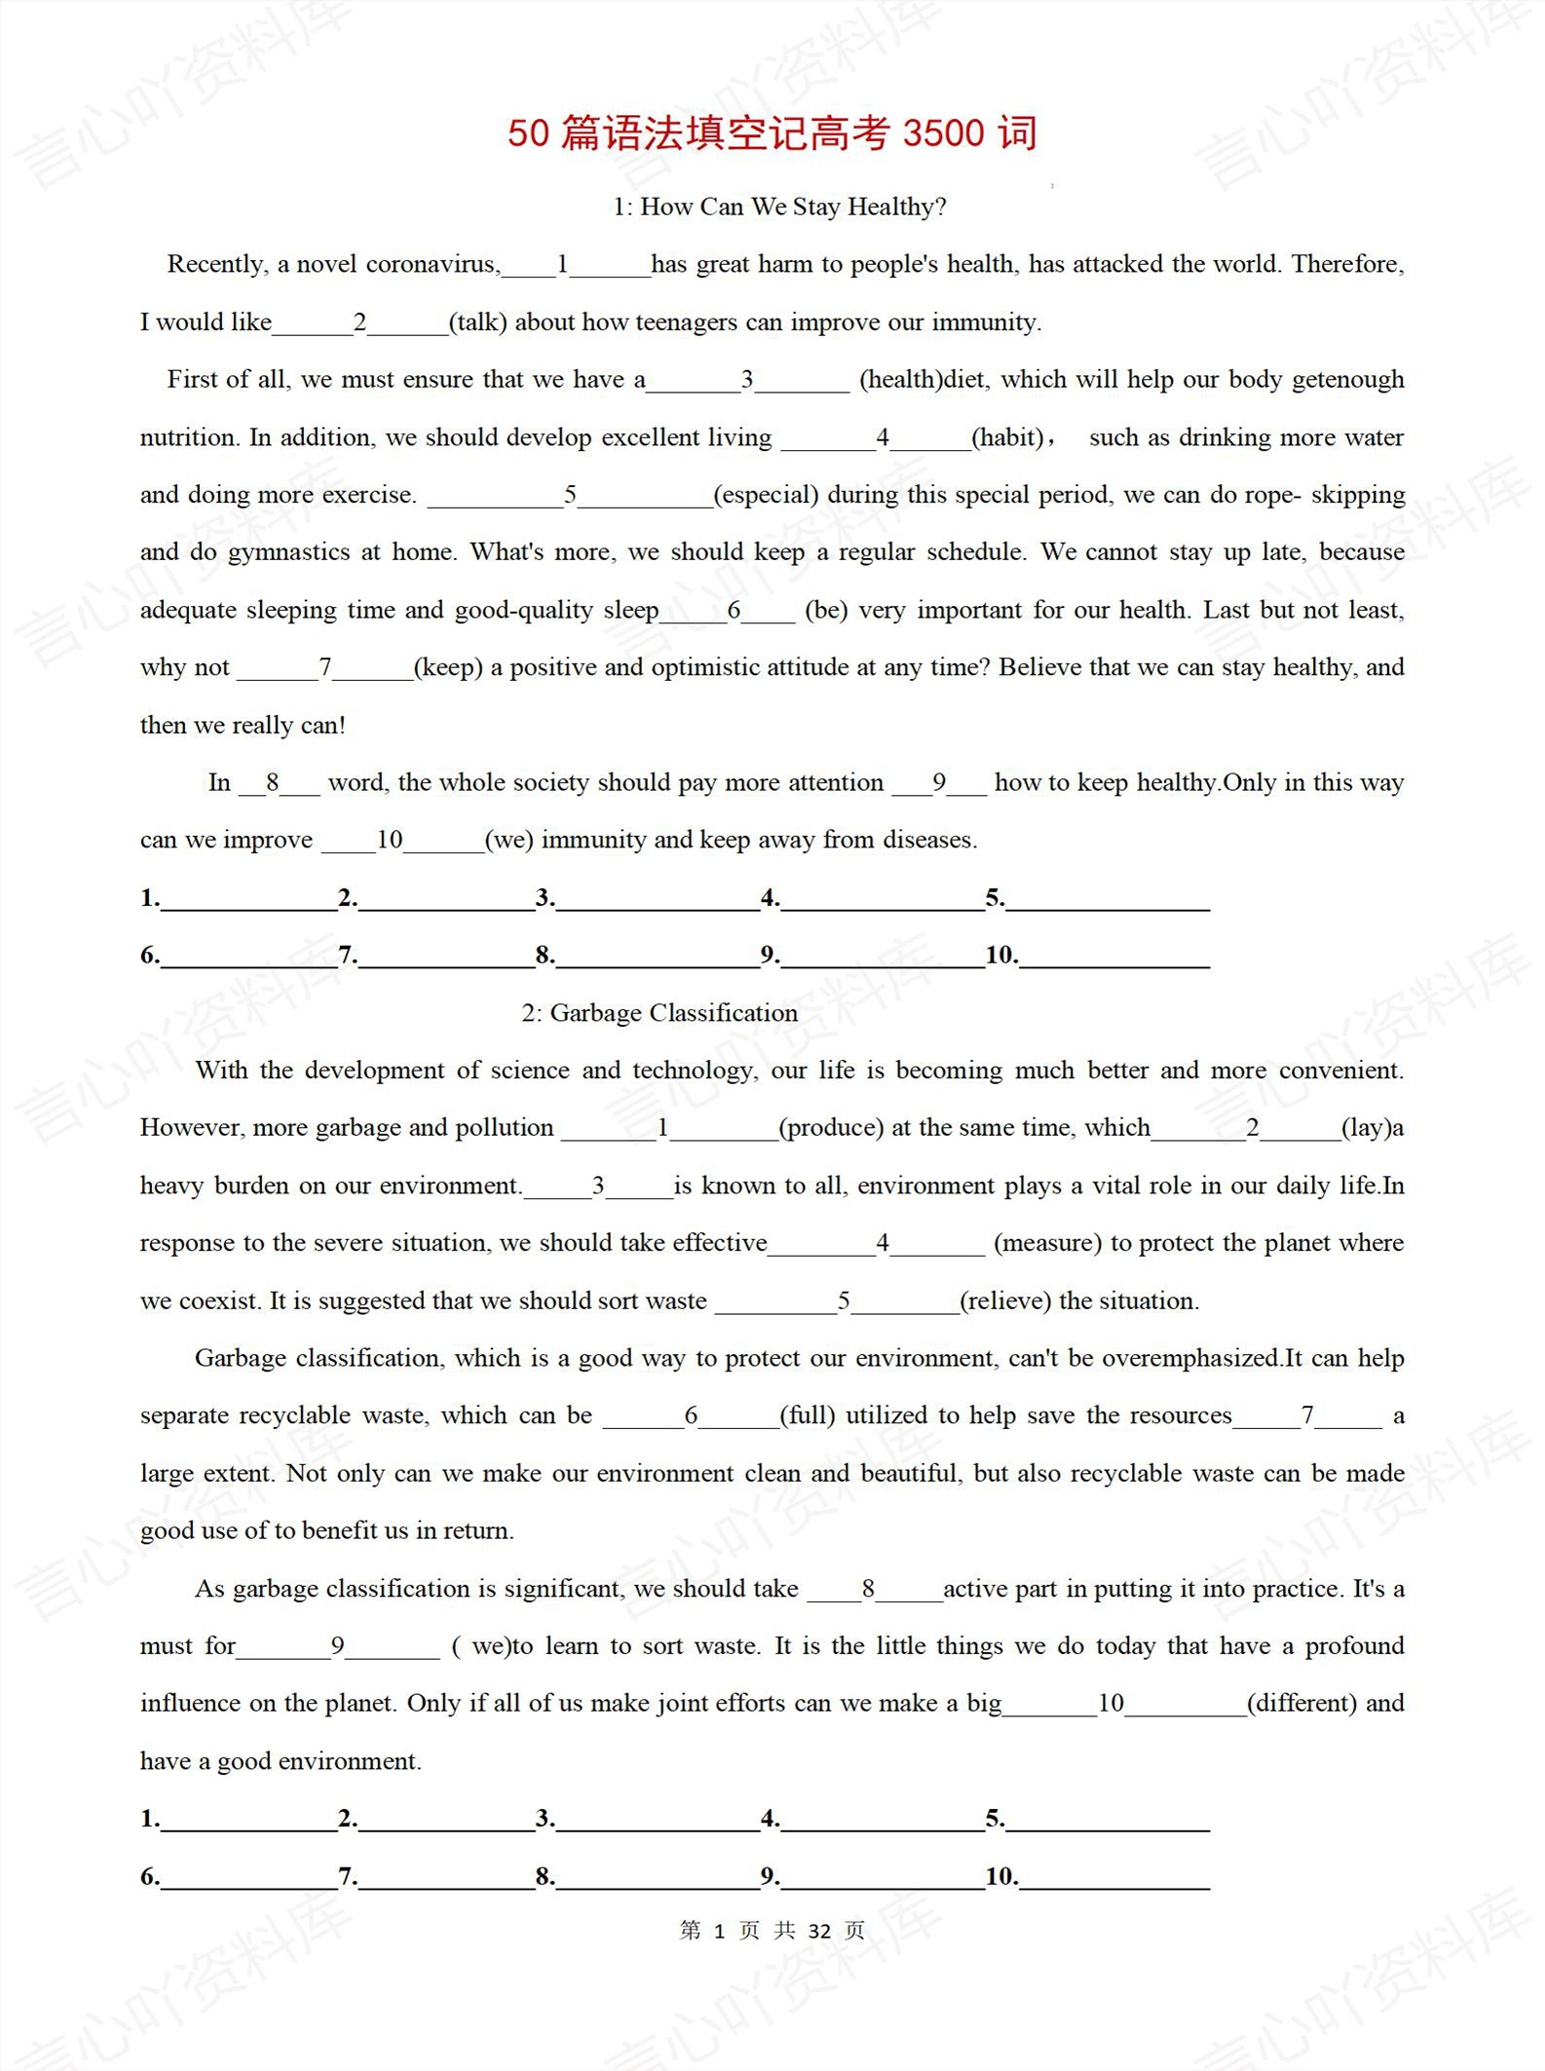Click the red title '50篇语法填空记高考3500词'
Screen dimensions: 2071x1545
[x=772, y=133]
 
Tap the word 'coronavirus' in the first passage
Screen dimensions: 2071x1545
[x=433, y=264]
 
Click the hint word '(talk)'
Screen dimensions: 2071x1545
[x=477, y=322]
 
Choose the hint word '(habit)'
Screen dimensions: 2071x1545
[x=1008, y=437]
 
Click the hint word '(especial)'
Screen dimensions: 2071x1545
[x=766, y=495]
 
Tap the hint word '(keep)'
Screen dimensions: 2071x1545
[x=448, y=667]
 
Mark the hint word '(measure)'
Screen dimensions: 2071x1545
[x=1047, y=1243]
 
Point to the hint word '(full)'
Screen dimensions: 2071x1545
[x=808, y=1415]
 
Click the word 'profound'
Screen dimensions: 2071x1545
[x=1354, y=1645]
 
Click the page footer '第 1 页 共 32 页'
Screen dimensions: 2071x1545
[x=772, y=1931]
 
